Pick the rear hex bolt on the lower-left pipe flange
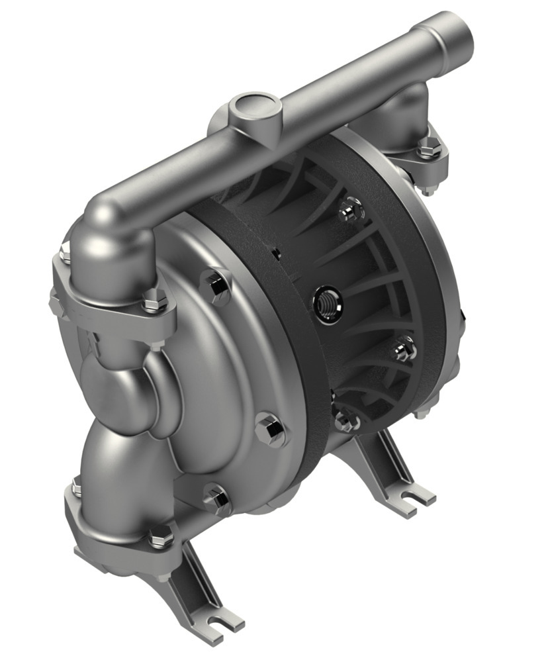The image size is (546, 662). tap(77, 490)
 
